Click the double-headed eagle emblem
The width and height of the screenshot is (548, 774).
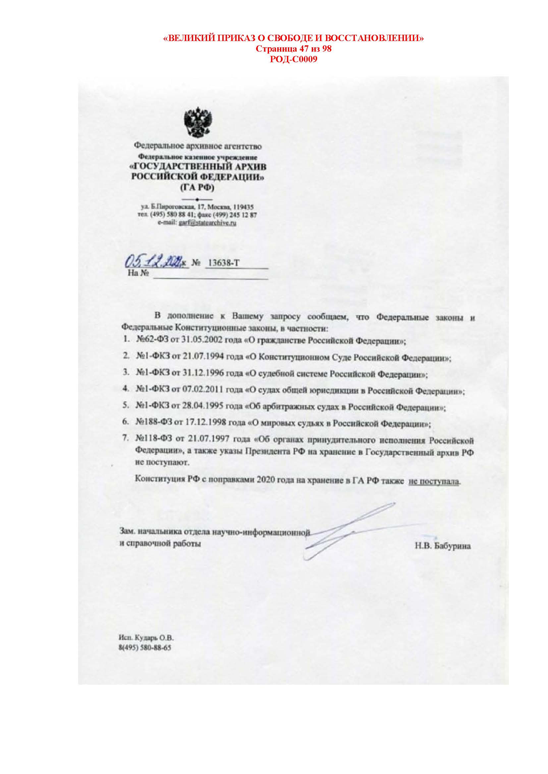point(198,122)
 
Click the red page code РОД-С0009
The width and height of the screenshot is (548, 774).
point(294,60)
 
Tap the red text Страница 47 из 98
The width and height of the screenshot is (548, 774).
point(294,49)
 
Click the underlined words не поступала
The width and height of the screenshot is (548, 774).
point(434,481)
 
